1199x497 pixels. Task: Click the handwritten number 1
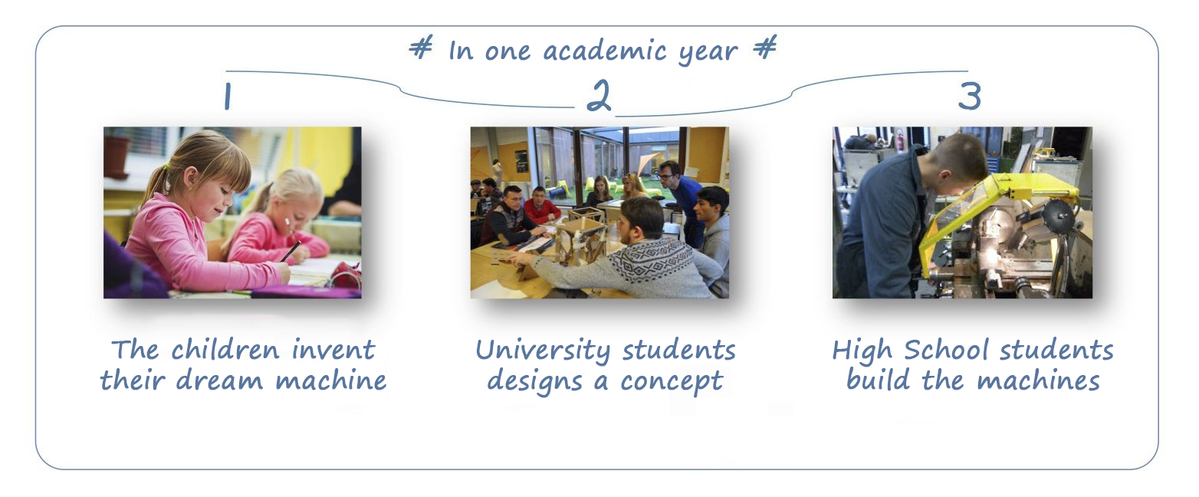(x=228, y=97)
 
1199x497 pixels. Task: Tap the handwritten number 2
(x=599, y=96)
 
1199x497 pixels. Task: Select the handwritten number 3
(x=969, y=97)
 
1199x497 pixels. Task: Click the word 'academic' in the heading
(x=605, y=51)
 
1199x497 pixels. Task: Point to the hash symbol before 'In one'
(x=421, y=48)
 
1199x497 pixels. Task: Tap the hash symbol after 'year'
(x=764, y=47)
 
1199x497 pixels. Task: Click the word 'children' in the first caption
(x=225, y=351)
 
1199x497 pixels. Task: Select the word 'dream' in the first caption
(x=219, y=381)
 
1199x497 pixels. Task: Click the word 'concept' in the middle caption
(x=672, y=383)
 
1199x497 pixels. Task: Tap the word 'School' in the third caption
(x=946, y=351)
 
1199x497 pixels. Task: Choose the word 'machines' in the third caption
(x=1038, y=381)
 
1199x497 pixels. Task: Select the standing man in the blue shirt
(x=679, y=198)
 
